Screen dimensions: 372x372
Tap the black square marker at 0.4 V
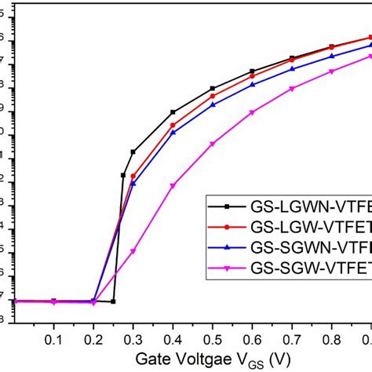173,112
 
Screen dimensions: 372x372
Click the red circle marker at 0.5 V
213,96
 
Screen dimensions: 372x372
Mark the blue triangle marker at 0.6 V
252,85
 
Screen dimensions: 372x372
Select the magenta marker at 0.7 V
292,89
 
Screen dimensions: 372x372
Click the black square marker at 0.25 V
114,301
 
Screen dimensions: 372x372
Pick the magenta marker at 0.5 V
213,144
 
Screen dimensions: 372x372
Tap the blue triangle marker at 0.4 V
173,133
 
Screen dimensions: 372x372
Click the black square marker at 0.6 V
252,71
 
